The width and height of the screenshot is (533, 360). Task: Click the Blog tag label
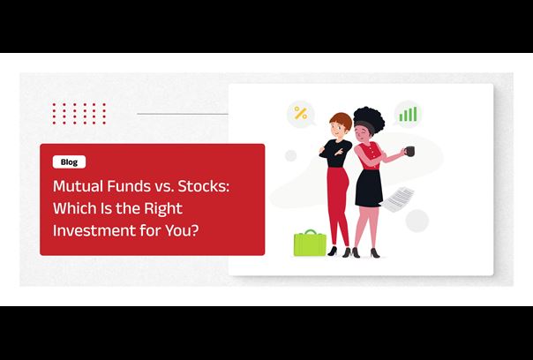click(x=69, y=161)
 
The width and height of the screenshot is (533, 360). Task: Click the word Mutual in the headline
click(x=79, y=186)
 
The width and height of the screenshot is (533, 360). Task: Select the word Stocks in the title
click(x=202, y=186)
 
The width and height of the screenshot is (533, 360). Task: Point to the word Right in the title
click(x=163, y=209)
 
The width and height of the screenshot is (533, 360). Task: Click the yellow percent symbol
click(x=301, y=113)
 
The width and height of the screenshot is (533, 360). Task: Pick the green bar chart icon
click(x=408, y=114)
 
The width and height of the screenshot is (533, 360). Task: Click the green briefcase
click(x=310, y=243)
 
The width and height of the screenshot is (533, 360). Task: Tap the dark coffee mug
click(x=410, y=151)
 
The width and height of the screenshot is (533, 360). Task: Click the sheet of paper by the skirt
click(x=398, y=199)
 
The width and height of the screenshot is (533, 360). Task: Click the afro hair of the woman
click(x=369, y=119)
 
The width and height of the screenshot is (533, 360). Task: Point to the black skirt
click(x=369, y=188)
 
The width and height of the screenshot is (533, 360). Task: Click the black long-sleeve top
click(x=335, y=154)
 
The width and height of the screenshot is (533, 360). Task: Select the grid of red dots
click(x=79, y=114)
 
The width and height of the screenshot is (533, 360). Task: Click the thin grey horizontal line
click(x=183, y=114)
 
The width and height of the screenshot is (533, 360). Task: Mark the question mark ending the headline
click(x=194, y=230)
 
